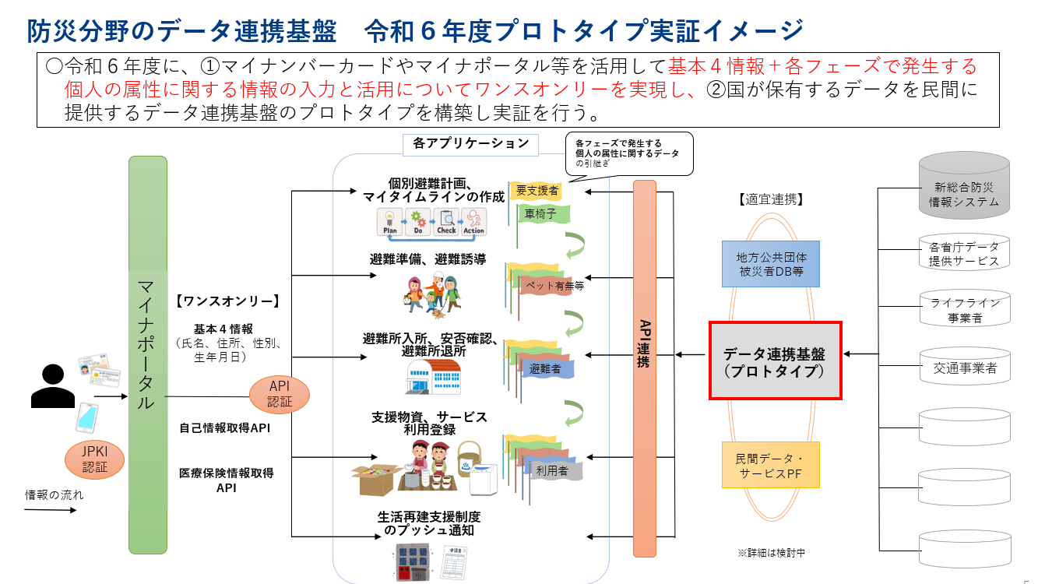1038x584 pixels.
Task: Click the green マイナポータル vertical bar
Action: click(148, 354)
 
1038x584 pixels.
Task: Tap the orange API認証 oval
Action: click(280, 395)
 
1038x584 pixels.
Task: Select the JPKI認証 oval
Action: click(94, 459)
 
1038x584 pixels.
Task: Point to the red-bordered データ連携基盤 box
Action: click(775, 361)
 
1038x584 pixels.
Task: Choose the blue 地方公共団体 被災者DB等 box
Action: click(770, 264)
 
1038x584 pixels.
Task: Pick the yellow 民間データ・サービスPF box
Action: click(770, 464)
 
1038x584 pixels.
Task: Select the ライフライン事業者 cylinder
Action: click(966, 309)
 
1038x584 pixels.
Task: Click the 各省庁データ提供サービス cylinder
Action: click(966, 252)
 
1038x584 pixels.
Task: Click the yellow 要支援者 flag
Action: click(537, 190)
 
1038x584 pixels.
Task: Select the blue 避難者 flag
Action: click(546, 368)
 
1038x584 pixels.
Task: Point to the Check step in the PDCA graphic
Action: click(446, 222)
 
